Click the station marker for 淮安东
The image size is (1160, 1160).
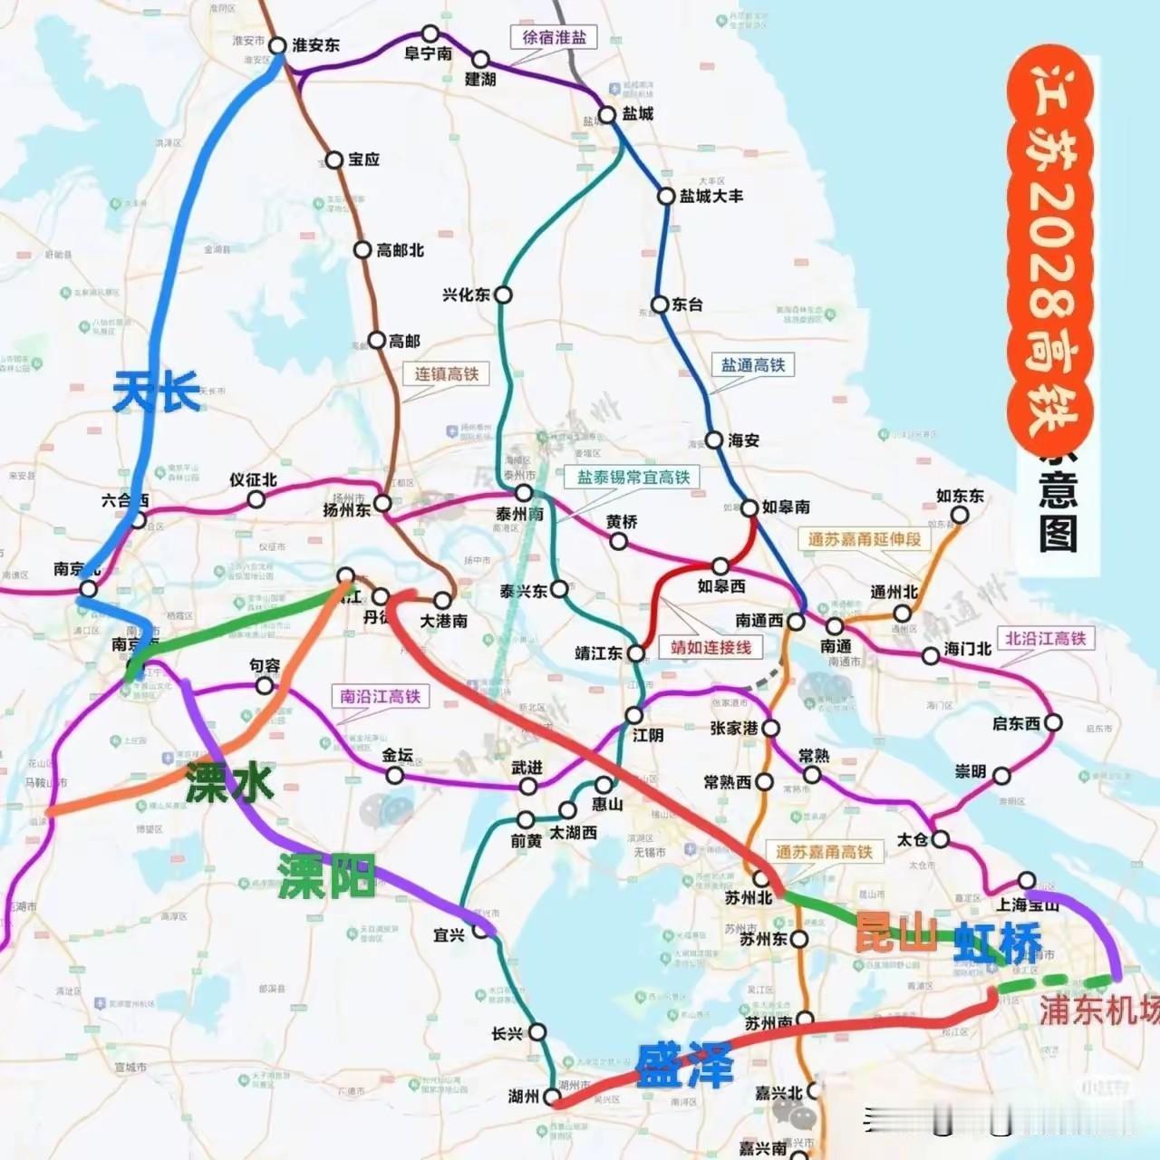(276, 45)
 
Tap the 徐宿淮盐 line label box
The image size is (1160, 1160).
(555, 37)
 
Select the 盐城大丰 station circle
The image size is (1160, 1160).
(666, 196)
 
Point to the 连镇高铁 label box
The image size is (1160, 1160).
(446, 373)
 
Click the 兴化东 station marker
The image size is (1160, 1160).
(503, 295)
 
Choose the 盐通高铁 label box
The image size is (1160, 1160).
(752, 365)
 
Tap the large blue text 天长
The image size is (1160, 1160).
(157, 393)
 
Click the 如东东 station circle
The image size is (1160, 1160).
(959, 515)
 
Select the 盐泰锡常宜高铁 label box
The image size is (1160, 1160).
(633, 477)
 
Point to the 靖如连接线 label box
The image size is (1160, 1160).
(710, 647)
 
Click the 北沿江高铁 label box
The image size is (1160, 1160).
(1045, 638)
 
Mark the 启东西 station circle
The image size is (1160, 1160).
(1053, 723)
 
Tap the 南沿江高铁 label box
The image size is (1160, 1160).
(381, 696)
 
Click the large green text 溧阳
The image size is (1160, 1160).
(326, 875)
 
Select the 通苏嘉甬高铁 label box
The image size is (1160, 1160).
(824, 852)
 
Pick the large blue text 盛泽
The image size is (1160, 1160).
(684, 1066)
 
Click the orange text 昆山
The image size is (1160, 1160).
(896, 932)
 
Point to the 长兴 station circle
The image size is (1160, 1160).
(537, 1032)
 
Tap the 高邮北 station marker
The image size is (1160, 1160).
(362, 250)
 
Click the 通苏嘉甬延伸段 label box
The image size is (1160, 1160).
(865, 538)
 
